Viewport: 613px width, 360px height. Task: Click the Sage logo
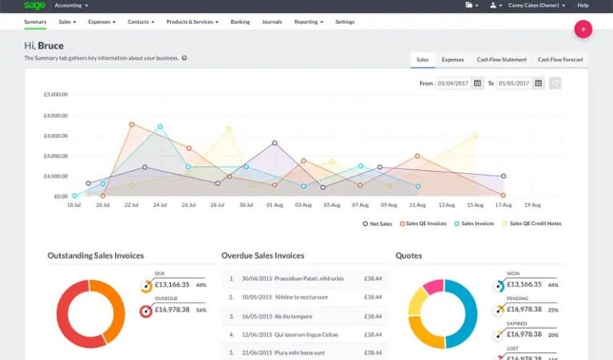click(x=34, y=6)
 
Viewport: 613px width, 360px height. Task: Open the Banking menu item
click(x=239, y=22)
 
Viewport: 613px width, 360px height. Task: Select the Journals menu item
click(x=271, y=22)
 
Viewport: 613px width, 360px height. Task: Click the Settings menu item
click(x=345, y=22)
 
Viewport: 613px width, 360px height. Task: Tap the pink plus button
click(x=583, y=30)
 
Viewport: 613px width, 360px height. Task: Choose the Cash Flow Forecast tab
click(x=560, y=60)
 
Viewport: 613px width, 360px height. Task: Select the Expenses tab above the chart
click(x=453, y=60)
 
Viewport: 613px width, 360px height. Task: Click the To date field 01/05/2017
click(x=515, y=83)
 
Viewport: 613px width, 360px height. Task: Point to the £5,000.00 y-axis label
click(x=55, y=94)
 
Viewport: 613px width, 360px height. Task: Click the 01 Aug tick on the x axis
click(x=275, y=205)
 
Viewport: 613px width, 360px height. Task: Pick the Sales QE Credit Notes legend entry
click(x=535, y=224)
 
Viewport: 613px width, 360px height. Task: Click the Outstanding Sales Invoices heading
click(x=96, y=256)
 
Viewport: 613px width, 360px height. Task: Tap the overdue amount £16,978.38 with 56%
click(x=172, y=310)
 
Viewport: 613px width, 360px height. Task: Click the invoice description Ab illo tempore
click(x=293, y=316)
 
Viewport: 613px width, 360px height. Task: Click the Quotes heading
click(x=409, y=256)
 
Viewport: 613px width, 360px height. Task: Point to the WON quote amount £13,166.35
click(x=524, y=284)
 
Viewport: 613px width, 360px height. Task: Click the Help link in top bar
click(x=583, y=6)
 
